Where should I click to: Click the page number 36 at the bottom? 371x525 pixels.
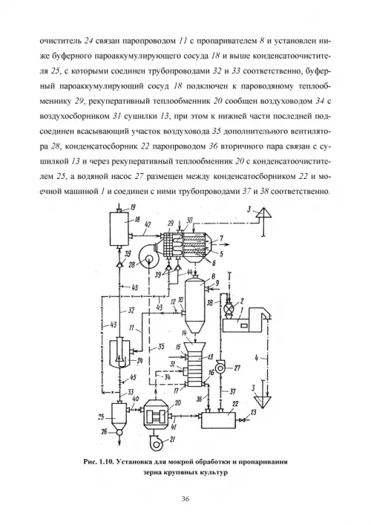click(x=185, y=499)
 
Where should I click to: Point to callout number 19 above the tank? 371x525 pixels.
click(x=134, y=208)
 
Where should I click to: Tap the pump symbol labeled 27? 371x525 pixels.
click(x=220, y=368)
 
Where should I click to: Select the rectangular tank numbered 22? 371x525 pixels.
click(x=218, y=418)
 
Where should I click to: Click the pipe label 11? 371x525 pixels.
click(x=132, y=328)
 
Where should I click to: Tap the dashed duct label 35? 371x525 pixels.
click(x=161, y=347)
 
